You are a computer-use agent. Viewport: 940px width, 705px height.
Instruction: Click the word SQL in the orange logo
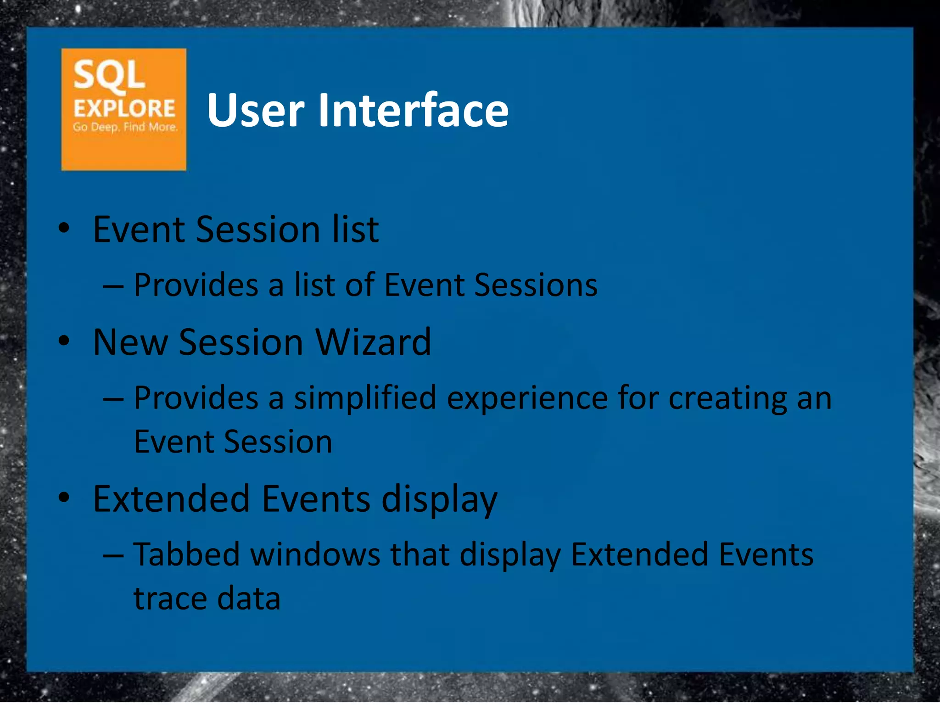109,75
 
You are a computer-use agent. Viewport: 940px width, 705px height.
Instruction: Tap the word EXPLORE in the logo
124,109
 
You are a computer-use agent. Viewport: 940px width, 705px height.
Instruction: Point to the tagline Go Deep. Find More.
125,127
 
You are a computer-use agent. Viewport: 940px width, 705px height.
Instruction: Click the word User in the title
255,110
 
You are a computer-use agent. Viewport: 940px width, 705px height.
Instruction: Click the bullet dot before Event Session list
64,228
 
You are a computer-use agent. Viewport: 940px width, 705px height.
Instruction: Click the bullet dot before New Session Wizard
64,341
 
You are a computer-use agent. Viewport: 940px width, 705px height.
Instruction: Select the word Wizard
373,342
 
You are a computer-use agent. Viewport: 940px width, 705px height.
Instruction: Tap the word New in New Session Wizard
130,342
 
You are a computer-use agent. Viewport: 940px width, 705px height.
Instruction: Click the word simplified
365,398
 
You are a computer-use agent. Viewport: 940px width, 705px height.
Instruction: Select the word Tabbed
186,554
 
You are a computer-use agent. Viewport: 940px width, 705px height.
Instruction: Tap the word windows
315,554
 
